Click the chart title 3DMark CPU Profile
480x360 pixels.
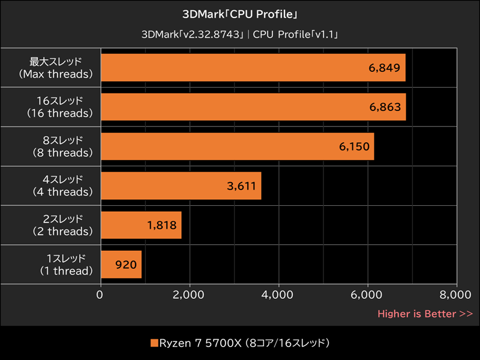tap(240, 13)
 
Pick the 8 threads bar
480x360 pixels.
tap(238, 146)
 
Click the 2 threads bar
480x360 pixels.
tap(141, 225)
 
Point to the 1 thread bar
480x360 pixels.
tap(121, 265)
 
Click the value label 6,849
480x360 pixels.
tap(385, 68)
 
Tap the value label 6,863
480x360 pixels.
tap(385, 107)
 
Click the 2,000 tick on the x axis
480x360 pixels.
tap(189, 295)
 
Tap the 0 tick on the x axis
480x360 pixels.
tap(100, 295)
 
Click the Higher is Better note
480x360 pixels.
tap(424, 313)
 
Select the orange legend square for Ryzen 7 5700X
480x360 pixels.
tap(154, 343)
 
